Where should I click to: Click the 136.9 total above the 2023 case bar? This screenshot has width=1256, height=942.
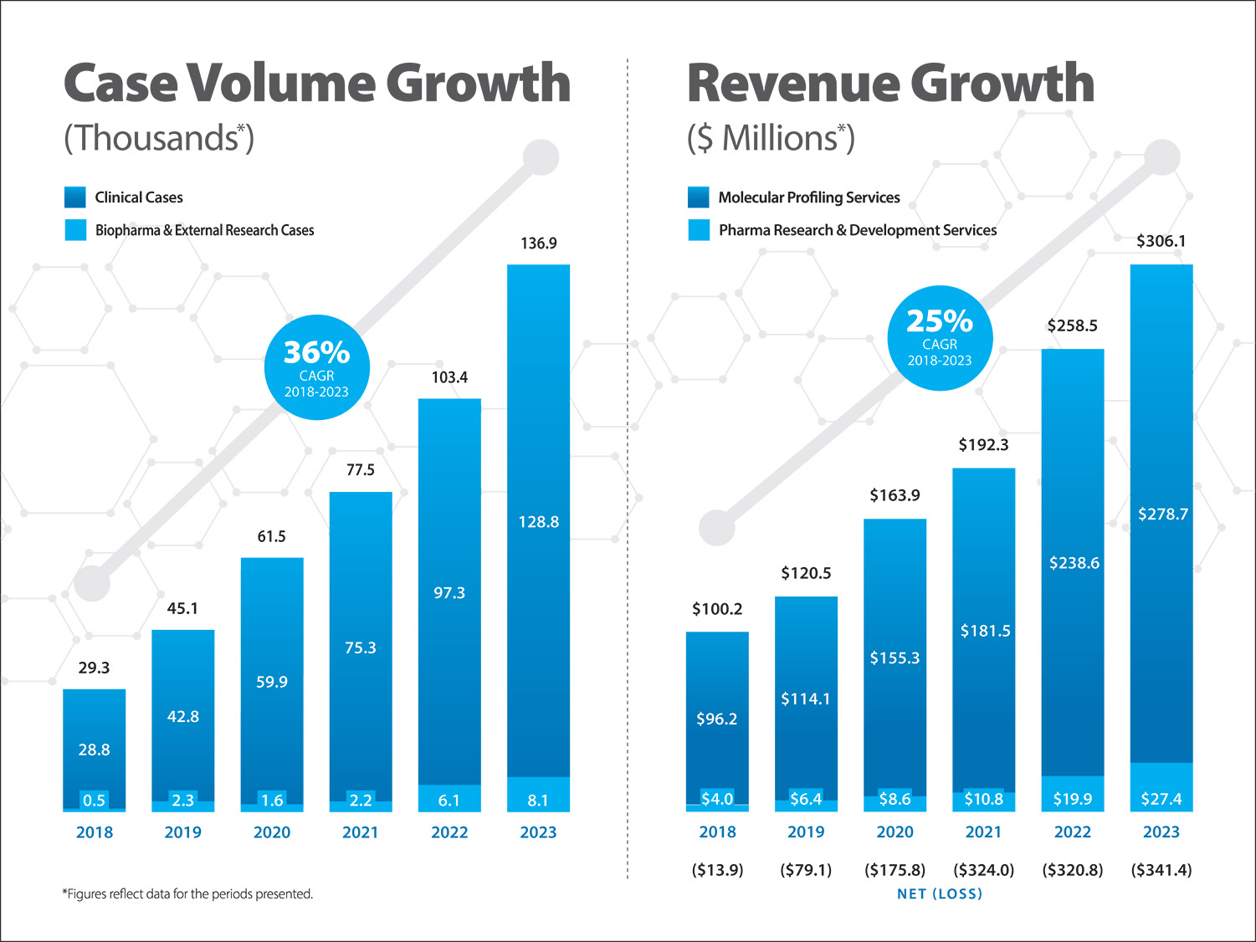point(538,243)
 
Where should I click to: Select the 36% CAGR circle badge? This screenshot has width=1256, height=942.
point(316,367)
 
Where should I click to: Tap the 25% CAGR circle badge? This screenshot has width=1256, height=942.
point(940,337)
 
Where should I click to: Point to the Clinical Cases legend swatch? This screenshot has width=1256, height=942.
point(75,197)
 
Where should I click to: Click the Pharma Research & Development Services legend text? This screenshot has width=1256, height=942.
point(858,230)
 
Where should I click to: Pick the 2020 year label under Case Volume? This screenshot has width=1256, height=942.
point(272,832)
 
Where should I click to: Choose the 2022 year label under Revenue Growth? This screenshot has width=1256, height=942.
point(1072,832)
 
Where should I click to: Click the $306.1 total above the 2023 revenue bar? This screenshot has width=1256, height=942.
point(1161,241)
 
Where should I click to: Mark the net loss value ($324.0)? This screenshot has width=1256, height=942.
point(983,870)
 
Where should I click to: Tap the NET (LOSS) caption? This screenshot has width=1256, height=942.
point(940,894)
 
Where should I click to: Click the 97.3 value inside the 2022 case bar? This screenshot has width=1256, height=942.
point(449,593)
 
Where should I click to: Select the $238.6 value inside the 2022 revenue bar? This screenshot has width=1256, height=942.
point(1074,563)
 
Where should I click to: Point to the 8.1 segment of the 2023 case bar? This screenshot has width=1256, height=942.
point(538,800)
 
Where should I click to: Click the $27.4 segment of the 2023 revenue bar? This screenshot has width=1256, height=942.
point(1161,799)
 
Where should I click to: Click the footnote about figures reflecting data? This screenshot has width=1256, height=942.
point(187,894)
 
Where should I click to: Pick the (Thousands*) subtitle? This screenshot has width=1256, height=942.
point(159,138)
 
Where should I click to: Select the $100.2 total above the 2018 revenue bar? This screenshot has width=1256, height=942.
point(717,609)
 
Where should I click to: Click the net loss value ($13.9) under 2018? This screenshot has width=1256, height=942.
point(717,870)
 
